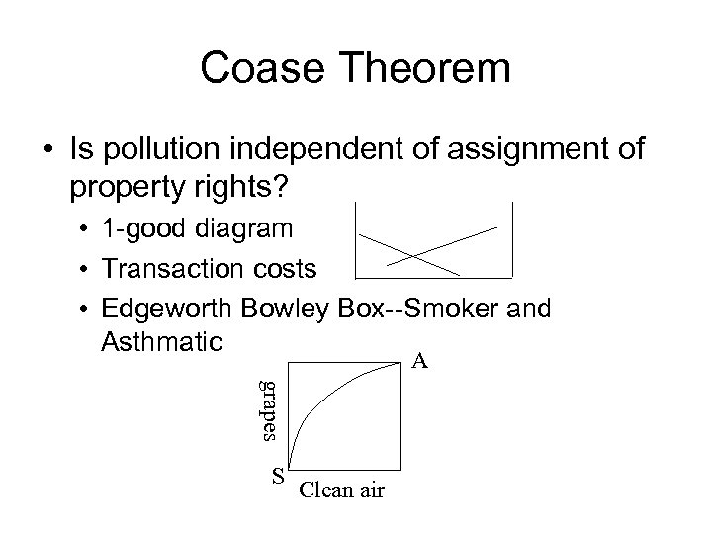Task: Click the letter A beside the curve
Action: point(420,362)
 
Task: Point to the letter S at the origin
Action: point(279,475)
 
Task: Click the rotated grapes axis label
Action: point(265,410)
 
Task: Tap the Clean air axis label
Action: point(341,489)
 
